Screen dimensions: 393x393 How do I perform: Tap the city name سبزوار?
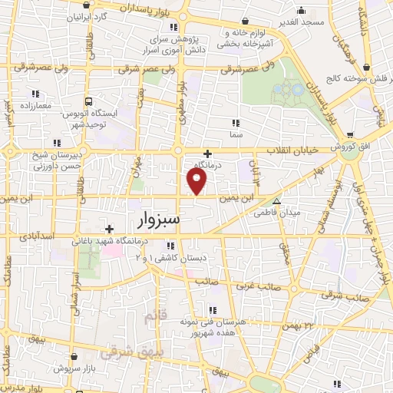click(x=159, y=220)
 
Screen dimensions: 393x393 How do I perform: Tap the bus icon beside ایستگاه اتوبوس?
click(x=89, y=101)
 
